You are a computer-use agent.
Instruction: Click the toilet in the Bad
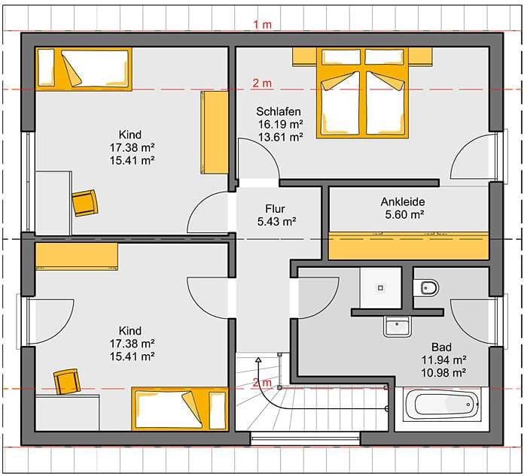(x=426, y=288)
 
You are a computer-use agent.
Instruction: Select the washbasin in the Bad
(x=397, y=326)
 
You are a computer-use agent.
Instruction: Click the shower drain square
(x=380, y=288)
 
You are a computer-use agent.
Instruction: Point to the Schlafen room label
(x=279, y=111)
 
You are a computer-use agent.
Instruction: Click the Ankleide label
(x=403, y=202)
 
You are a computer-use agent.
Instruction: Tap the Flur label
(x=275, y=209)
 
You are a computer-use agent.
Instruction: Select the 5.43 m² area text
(x=276, y=222)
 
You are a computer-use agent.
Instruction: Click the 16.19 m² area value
(x=280, y=124)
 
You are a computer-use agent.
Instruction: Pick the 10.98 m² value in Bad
(x=443, y=373)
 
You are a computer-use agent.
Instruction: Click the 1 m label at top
(x=263, y=25)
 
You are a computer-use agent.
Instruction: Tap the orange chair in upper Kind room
(x=85, y=203)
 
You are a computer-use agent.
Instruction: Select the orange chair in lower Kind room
(x=68, y=381)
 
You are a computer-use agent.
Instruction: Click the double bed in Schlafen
(x=362, y=93)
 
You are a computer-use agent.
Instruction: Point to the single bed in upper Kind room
(x=84, y=69)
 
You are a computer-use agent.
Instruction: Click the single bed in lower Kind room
(x=180, y=408)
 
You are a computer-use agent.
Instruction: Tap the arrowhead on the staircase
(x=258, y=360)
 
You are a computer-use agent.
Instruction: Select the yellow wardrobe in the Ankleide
(x=408, y=245)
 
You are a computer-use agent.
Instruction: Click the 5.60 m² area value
(x=404, y=214)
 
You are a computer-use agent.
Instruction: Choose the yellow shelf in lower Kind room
(x=77, y=256)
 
